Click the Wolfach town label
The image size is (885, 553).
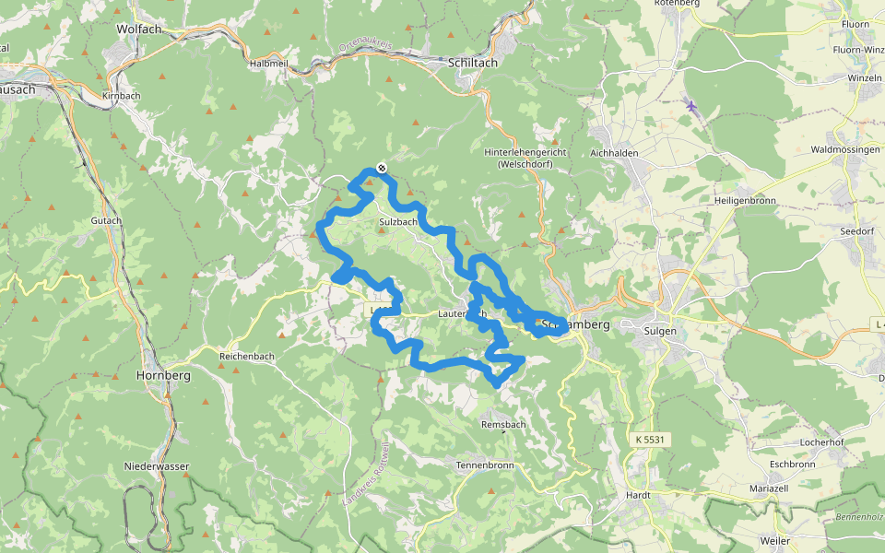pyautogui.click(x=139, y=29)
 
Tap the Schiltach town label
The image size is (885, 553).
pyautogui.click(x=472, y=63)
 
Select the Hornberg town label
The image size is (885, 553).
pyautogui.click(x=163, y=376)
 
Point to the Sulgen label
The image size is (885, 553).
pyautogui.click(x=661, y=330)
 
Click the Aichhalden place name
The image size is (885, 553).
pyautogui.click(x=614, y=152)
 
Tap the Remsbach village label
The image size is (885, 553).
pyautogui.click(x=503, y=424)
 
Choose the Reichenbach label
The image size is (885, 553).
pyautogui.click(x=247, y=355)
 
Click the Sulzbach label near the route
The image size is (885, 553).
pyautogui.click(x=398, y=222)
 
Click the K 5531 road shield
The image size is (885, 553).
pyautogui.click(x=649, y=441)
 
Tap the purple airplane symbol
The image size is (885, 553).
pyautogui.click(x=691, y=106)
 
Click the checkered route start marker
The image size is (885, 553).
pyautogui.click(x=381, y=168)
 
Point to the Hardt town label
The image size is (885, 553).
pyautogui.click(x=638, y=495)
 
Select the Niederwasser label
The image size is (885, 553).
pyautogui.click(x=157, y=466)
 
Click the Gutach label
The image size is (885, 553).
pyautogui.click(x=106, y=221)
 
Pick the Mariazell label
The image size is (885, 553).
pyautogui.click(x=769, y=488)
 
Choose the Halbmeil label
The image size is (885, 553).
pyautogui.click(x=268, y=64)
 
